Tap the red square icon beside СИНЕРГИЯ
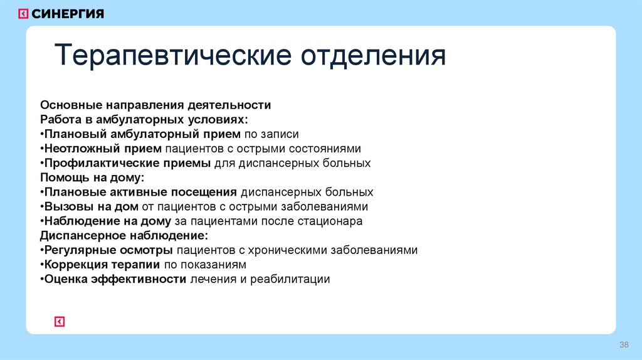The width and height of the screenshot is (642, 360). pos(23,14)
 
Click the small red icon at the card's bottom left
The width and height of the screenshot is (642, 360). pos(60,322)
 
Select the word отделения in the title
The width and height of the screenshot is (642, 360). pos(374,56)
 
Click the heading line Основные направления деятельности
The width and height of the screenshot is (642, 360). pos(155,105)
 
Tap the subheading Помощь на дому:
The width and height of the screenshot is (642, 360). pos(92,177)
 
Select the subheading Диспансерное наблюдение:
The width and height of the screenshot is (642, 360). pos(124,235)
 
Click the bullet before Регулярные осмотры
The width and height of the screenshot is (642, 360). pos(42,250)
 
